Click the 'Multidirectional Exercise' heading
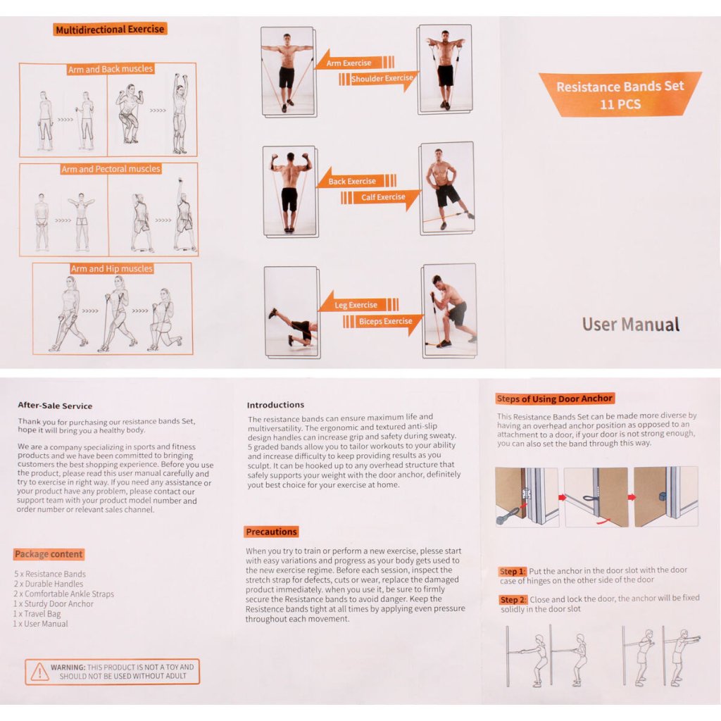(x=110, y=30)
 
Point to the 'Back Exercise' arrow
(x=356, y=180)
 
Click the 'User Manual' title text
(x=630, y=325)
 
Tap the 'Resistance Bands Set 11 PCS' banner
(x=620, y=94)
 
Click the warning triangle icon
(x=39, y=672)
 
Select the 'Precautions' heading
(x=271, y=532)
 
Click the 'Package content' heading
(x=49, y=554)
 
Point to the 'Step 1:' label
(x=513, y=571)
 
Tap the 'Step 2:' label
(x=513, y=600)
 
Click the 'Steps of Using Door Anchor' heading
(x=555, y=399)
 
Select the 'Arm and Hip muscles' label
(x=111, y=268)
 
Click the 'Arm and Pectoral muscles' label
(x=111, y=169)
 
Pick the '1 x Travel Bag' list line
(x=37, y=614)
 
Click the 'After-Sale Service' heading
(x=55, y=406)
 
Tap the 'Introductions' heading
(x=275, y=405)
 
